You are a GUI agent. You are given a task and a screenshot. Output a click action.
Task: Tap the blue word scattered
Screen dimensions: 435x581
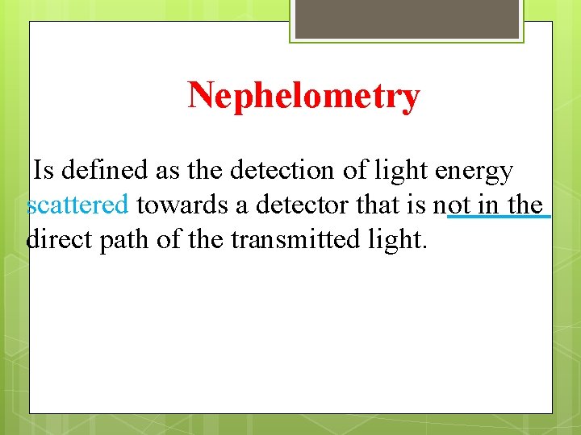77,205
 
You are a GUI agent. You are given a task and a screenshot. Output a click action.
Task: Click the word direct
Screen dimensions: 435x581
61,240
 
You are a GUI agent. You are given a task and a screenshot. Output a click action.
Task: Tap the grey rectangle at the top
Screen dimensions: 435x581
407,18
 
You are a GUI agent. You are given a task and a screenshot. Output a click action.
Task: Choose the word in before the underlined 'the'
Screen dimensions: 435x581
487,205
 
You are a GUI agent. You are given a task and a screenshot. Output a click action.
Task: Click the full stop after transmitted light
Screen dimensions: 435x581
423,247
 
